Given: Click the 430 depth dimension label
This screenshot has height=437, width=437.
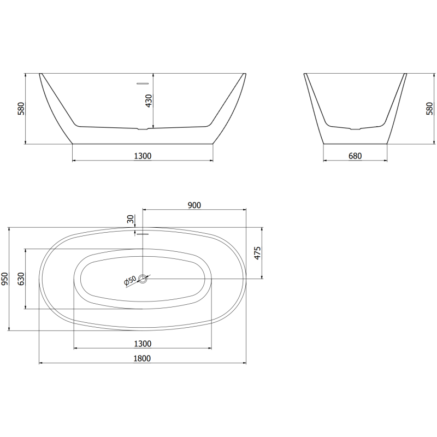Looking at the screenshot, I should click(x=149, y=101).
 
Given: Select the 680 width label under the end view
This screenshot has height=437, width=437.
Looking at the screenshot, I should click(x=355, y=156).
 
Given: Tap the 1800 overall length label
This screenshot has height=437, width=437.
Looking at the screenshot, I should click(x=142, y=358).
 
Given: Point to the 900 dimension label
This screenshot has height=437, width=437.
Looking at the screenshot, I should click(x=194, y=205).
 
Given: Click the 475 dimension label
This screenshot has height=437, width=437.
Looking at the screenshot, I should click(x=258, y=253).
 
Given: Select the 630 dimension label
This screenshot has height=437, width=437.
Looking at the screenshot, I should click(x=22, y=279).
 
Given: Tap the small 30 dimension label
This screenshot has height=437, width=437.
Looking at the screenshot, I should click(x=130, y=220).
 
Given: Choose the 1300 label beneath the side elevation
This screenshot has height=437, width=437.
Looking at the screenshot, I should click(x=142, y=156).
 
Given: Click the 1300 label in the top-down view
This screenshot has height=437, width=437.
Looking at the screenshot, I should click(x=142, y=344).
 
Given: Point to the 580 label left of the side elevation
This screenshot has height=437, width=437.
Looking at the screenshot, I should click(x=21, y=108).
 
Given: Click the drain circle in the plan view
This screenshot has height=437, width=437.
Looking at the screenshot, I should click(x=143, y=279).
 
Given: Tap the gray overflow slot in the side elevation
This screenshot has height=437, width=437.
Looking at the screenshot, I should click(x=143, y=84).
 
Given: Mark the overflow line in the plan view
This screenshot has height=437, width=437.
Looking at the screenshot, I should click(x=143, y=234).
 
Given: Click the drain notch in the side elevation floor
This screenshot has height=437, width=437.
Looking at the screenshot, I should click(x=143, y=129).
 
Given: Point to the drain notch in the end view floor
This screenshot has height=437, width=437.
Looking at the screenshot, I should click(x=355, y=129).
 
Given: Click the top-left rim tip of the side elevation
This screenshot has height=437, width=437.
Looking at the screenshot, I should click(x=40, y=73).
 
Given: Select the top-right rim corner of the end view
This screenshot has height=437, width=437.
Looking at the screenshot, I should click(x=406, y=73).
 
